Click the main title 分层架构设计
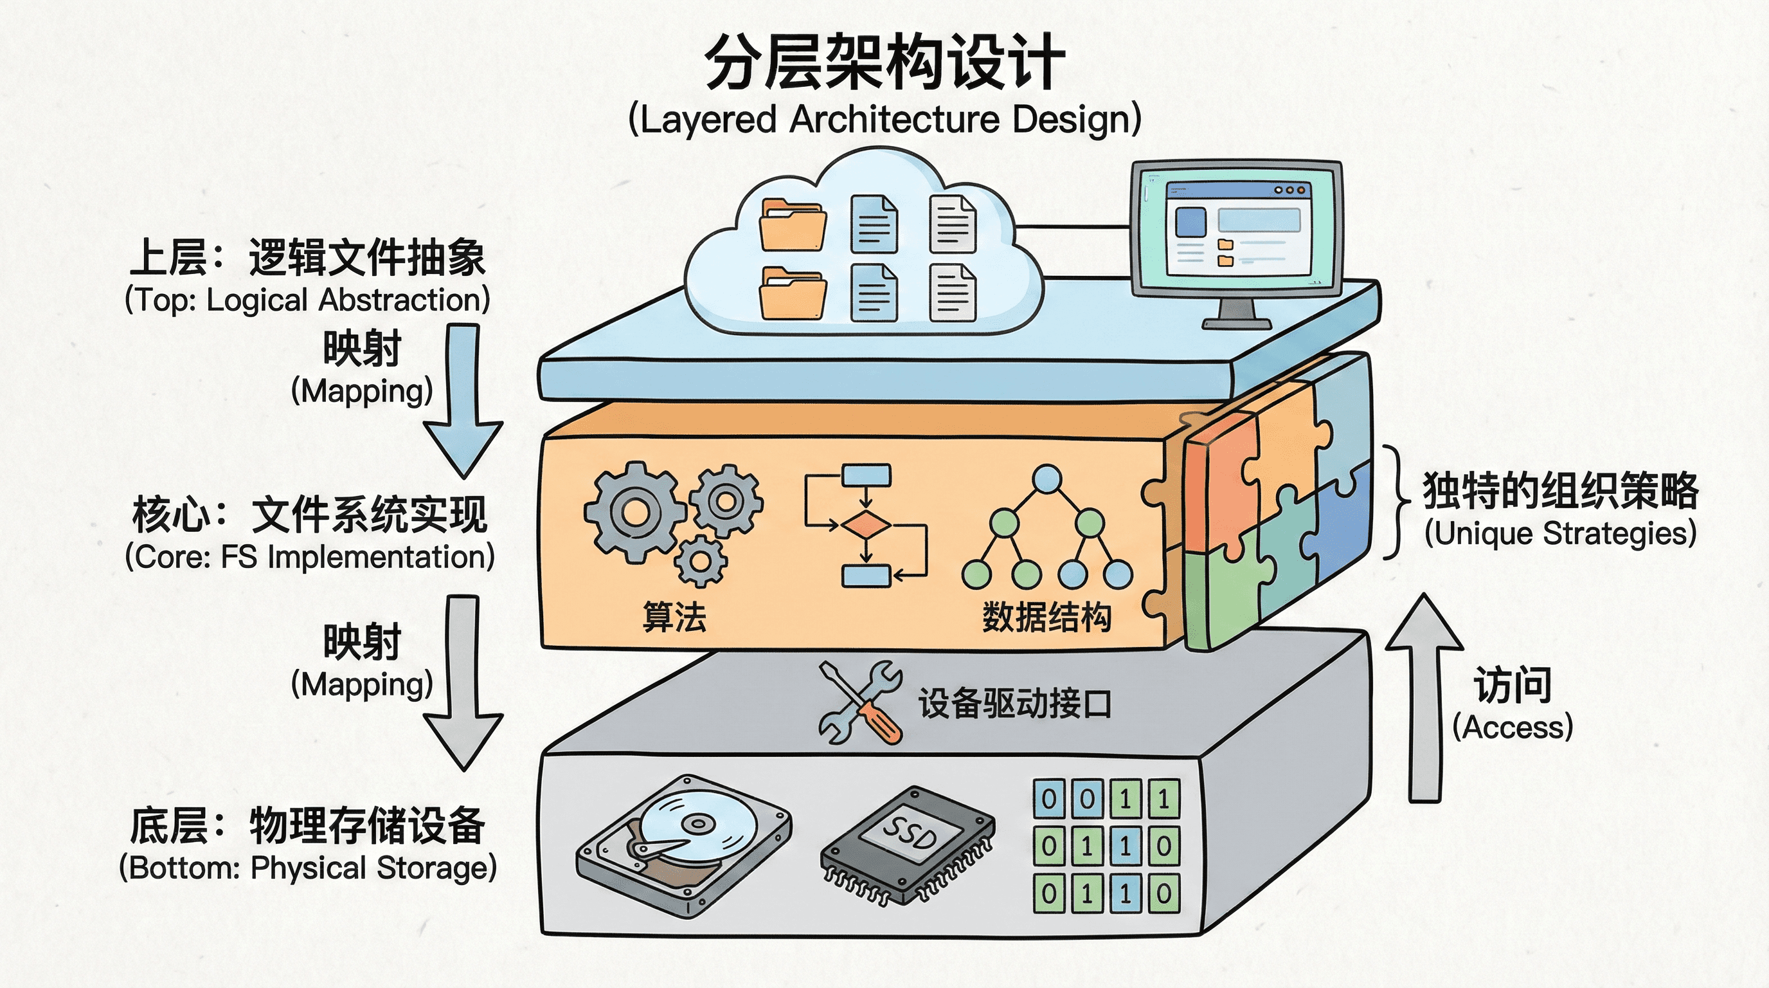[x=884, y=63]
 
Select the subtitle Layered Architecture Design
[x=884, y=120]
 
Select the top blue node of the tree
[x=1046, y=479]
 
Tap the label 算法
[x=674, y=616]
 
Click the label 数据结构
[x=1046, y=616]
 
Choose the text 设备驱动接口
[x=1014, y=704]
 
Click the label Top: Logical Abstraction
[x=307, y=300]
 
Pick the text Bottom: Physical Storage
[x=308, y=868]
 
